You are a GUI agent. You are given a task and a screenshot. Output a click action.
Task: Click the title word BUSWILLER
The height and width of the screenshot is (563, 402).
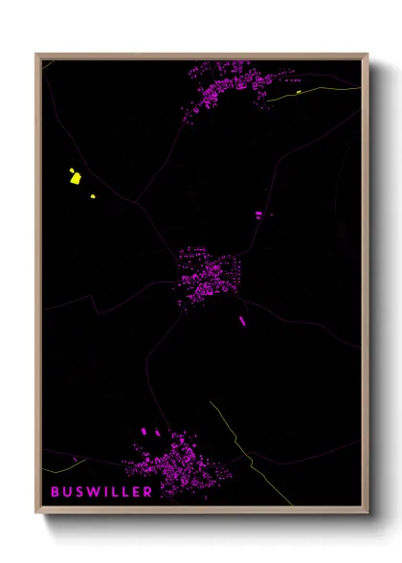click(101, 491)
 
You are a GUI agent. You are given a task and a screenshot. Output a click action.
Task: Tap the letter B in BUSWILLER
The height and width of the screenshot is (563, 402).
click(56, 491)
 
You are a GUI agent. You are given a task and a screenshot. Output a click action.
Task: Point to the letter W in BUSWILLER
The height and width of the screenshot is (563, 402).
click(91, 491)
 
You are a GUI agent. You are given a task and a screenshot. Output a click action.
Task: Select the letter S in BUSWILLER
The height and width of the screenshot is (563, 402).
click(78, 491)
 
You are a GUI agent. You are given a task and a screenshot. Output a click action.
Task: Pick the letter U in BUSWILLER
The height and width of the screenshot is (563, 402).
click(67, 491)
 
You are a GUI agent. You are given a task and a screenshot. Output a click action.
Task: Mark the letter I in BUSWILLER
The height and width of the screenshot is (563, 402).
click(103, 491)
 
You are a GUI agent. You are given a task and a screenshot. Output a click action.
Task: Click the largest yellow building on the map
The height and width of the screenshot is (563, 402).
click(74, 176)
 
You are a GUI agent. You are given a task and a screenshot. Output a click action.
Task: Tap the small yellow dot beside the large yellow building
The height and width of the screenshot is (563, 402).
click(93, 195)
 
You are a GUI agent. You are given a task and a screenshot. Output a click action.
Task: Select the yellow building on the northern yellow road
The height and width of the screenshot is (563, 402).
click(299, 93)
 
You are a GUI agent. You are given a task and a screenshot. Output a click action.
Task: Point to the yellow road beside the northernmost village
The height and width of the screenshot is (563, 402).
click(325, 91)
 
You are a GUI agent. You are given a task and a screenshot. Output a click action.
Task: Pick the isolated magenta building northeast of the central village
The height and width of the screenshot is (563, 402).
click(257, 214)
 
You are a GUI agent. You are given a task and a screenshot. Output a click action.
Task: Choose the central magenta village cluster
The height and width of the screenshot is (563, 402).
click(206, 275)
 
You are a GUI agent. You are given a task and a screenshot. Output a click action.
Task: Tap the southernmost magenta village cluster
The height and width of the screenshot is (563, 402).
click(182, 464)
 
